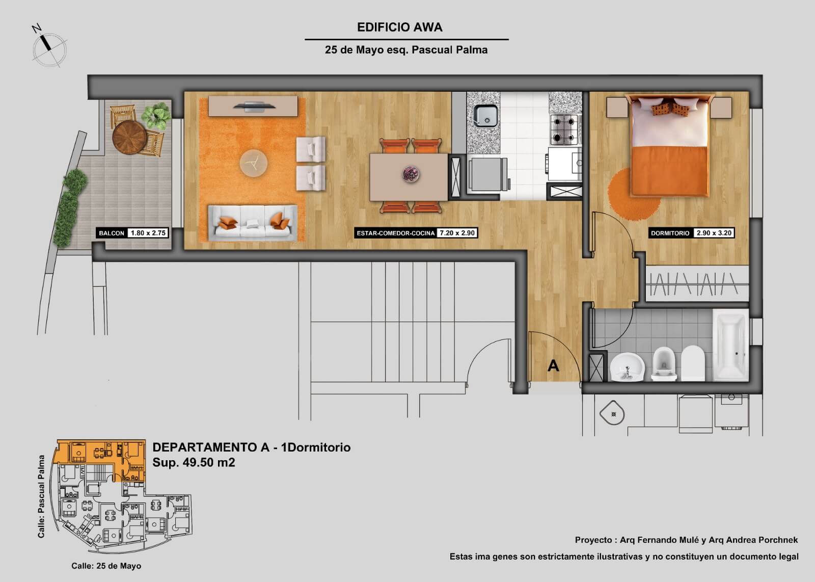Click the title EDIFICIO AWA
pos(399,28)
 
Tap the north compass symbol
pos(49,48)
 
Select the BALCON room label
pos(112,233)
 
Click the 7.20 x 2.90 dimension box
pos(457,233)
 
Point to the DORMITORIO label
pos(670,233)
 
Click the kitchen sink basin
pos(485,116)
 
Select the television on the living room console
pos(254,107)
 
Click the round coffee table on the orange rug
pos(254,163)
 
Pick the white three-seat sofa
pos(253,223)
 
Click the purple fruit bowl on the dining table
pos(411,174)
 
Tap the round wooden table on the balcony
pos(129,137)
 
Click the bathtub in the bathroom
pos(730,345)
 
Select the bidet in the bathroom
pos(664,364)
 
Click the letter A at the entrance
pos(553,365)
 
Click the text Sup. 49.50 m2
pos(194,462)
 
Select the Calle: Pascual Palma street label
pos(41,496)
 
